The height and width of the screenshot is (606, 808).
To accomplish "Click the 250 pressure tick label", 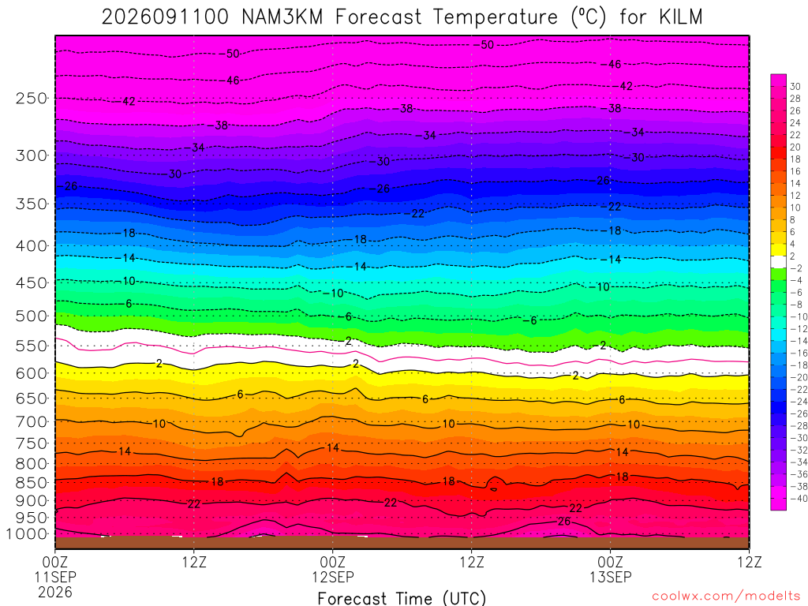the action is click(32, 98).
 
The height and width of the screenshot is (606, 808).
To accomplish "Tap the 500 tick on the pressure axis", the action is click(32, 316).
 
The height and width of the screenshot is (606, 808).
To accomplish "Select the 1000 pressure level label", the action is click(28, 534).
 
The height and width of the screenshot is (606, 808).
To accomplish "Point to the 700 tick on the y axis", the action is click(32, 422).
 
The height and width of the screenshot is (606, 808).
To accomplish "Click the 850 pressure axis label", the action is click(32, 483).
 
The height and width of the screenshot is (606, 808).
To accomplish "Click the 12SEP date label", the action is click(333, 577).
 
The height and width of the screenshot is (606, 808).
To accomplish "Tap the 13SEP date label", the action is click(611, 577).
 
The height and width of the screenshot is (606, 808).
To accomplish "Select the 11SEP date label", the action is click(55, 577).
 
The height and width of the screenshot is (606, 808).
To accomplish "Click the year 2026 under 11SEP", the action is click(55, 593).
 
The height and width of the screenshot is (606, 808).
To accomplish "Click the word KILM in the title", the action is click(680, 17).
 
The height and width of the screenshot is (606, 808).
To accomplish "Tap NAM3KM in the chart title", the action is click(282, 17).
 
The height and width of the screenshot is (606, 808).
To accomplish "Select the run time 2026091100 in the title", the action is click(165, 17).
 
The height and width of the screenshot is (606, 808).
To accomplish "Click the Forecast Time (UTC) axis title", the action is click(402, 598).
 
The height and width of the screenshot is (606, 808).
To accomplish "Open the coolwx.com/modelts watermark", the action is click(726, 597).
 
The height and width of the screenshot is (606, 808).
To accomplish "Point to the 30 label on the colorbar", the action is click(795, 87).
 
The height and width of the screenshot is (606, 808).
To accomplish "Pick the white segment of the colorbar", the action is click(779, 262).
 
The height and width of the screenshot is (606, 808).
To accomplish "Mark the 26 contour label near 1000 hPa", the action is click(564, 522).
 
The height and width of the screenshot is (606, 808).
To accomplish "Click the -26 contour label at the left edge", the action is click(69, 186).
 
